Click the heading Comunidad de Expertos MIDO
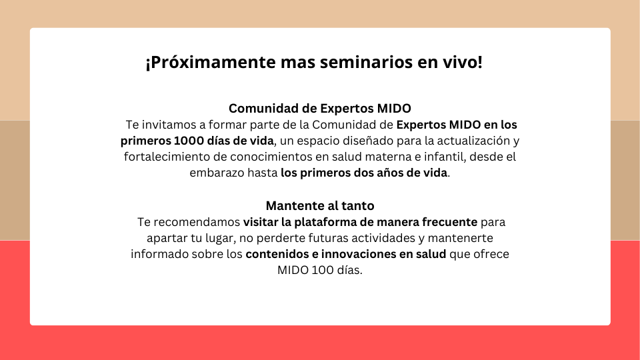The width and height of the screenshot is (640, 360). (x=320, y=108)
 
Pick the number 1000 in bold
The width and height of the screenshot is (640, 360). (x=190, y=141)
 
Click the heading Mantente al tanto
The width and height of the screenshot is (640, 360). (x=320, y=205)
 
